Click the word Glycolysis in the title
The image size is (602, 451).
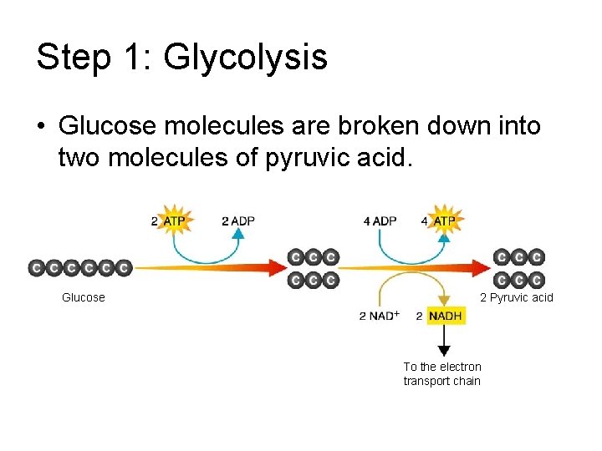click(x=246, y=57)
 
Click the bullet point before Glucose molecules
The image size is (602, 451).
click(x=40, y=128)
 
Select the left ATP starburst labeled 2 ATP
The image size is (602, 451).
click(x=174, y=221)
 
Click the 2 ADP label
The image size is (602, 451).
click(x=238, y=221)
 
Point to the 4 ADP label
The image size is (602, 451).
click(x=380, y=221)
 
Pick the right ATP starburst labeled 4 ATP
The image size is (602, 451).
click(x=444, y=221)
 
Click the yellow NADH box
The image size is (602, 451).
click(x=446, y=317)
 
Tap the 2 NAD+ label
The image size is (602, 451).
click(x=379, y=317)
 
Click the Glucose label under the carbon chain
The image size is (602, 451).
click(x=84, y=297)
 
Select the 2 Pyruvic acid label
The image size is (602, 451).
click(x=516, y=297)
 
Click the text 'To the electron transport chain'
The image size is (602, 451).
click(x=442, y=373)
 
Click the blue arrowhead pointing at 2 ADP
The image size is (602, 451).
click(x=238, y=235)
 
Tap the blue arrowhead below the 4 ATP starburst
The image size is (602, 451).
click(x=444, y=237)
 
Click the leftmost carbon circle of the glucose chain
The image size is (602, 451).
click(x=37, y=267)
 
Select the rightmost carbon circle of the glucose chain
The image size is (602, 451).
click(x=124, y=267)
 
